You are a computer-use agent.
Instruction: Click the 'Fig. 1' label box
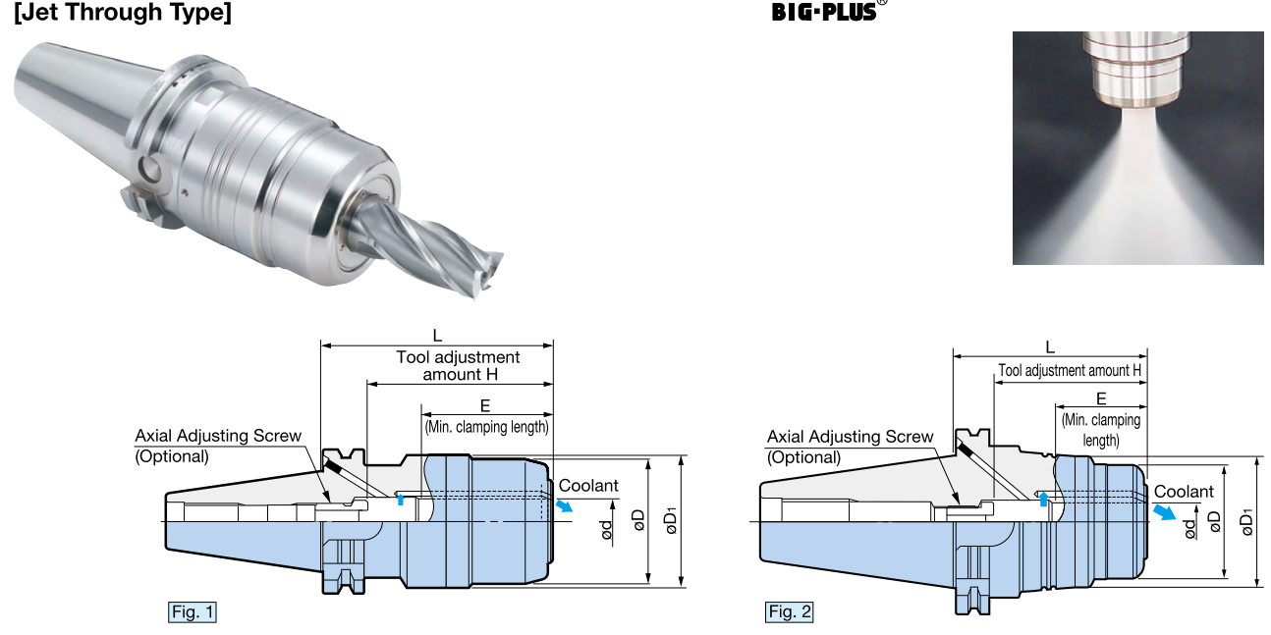coord(193,612)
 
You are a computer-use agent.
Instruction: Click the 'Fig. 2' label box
coord(790,612)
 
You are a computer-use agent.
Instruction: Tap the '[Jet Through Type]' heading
coord(123,14)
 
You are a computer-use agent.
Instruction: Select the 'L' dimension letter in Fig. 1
coord(437,336)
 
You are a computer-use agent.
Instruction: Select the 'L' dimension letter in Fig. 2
coord(1050,346)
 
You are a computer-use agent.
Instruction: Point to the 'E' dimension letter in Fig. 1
coord(485,405)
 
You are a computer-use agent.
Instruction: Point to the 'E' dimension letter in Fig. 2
coord(1101,398)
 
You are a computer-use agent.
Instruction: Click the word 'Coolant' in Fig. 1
coord(588,486)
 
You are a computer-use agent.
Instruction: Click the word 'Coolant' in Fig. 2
coord(1184,492)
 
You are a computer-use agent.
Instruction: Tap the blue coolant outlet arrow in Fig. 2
coord(1162,513)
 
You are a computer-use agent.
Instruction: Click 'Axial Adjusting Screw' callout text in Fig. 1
coord(218,436)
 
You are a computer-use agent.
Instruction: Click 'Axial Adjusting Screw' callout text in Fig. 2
coord(850,437)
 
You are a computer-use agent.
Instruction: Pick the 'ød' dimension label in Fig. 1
coord(608,531)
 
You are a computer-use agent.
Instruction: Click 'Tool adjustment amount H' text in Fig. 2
coord(1070,371)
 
